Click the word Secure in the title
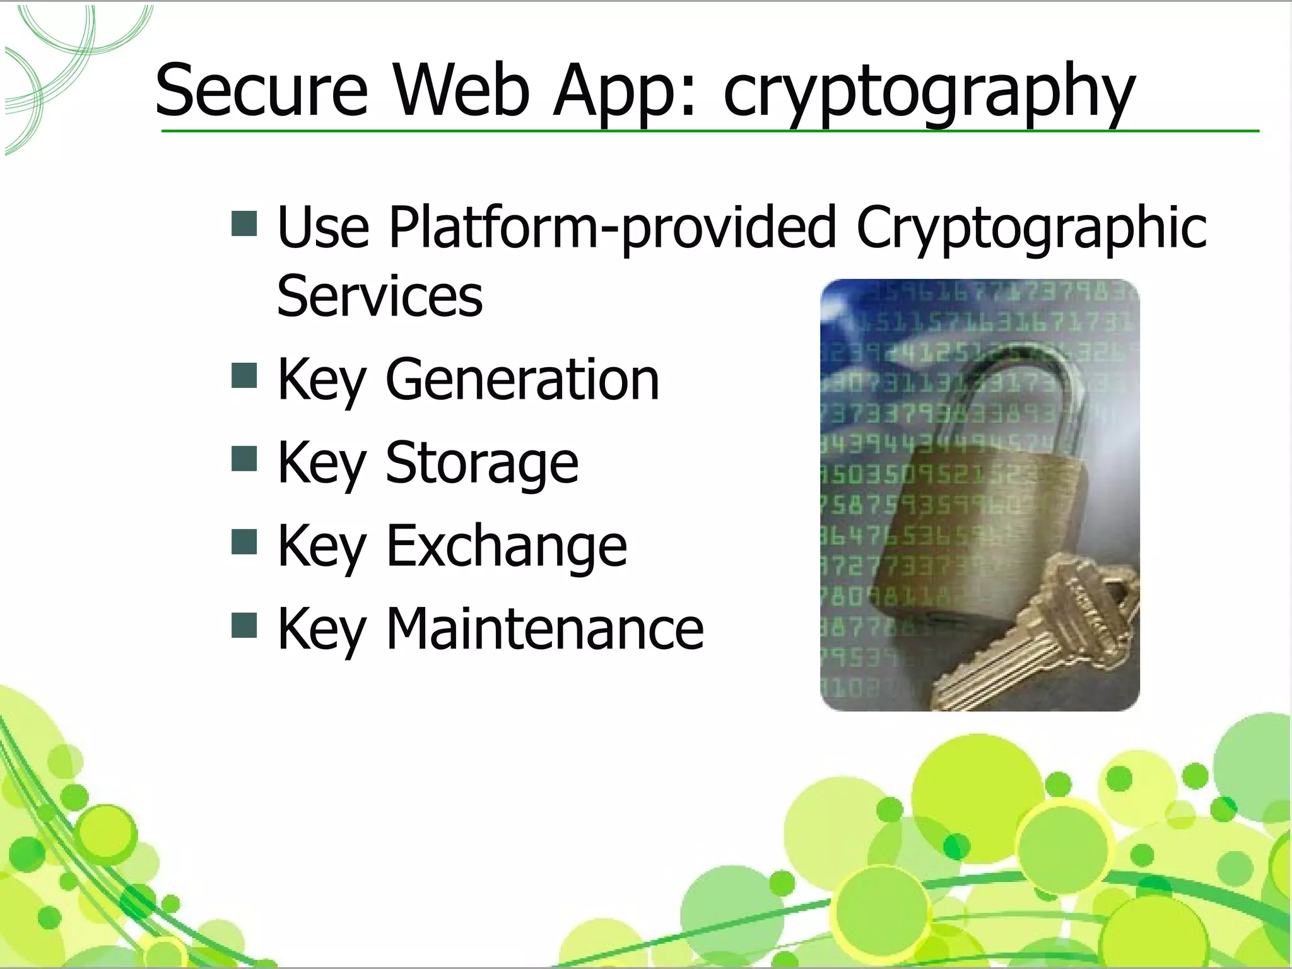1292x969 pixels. click(261, 90)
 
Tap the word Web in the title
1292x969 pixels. click(461, 90)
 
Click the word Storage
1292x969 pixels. click(482, 463)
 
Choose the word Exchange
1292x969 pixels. click(507, 546)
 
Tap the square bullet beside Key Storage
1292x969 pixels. click(244, 459)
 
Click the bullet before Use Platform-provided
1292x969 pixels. click(244, 223)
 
